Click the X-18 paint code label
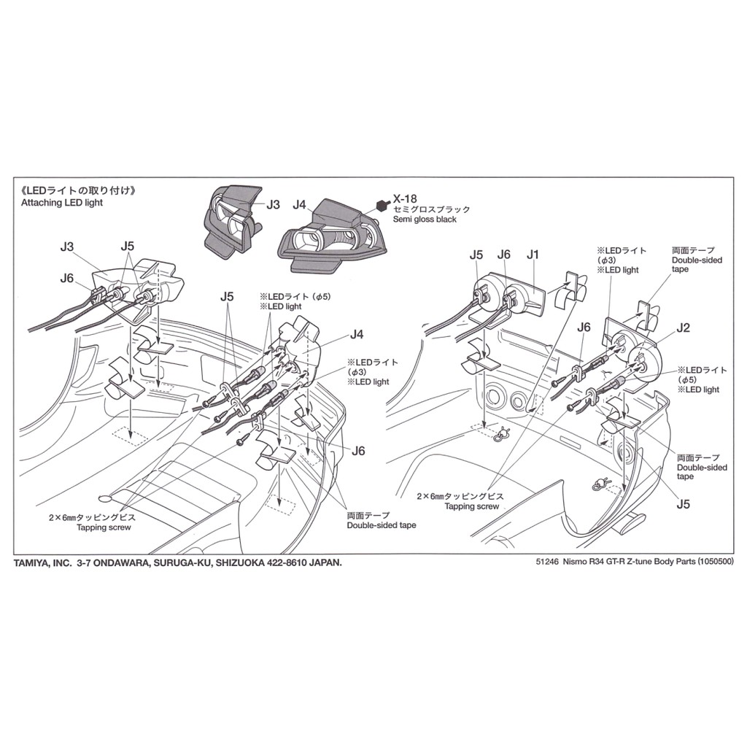(x=404, y=198)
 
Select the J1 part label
(x=533, y=255)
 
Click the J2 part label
(x=683, y=328)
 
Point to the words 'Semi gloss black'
(x=425, y=219)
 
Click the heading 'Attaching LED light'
(x=62, y=203)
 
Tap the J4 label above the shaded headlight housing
(x=299, y=205)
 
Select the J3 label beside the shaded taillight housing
(x=273, y=205)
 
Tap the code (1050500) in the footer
(x=716, y=562)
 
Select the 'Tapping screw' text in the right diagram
(x=472, y=506)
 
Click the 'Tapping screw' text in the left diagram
(x=104, y=527)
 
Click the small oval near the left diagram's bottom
(x=104, y=499)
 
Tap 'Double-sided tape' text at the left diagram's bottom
(x=381, y=525)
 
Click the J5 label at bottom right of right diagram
(x=683, y=504)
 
